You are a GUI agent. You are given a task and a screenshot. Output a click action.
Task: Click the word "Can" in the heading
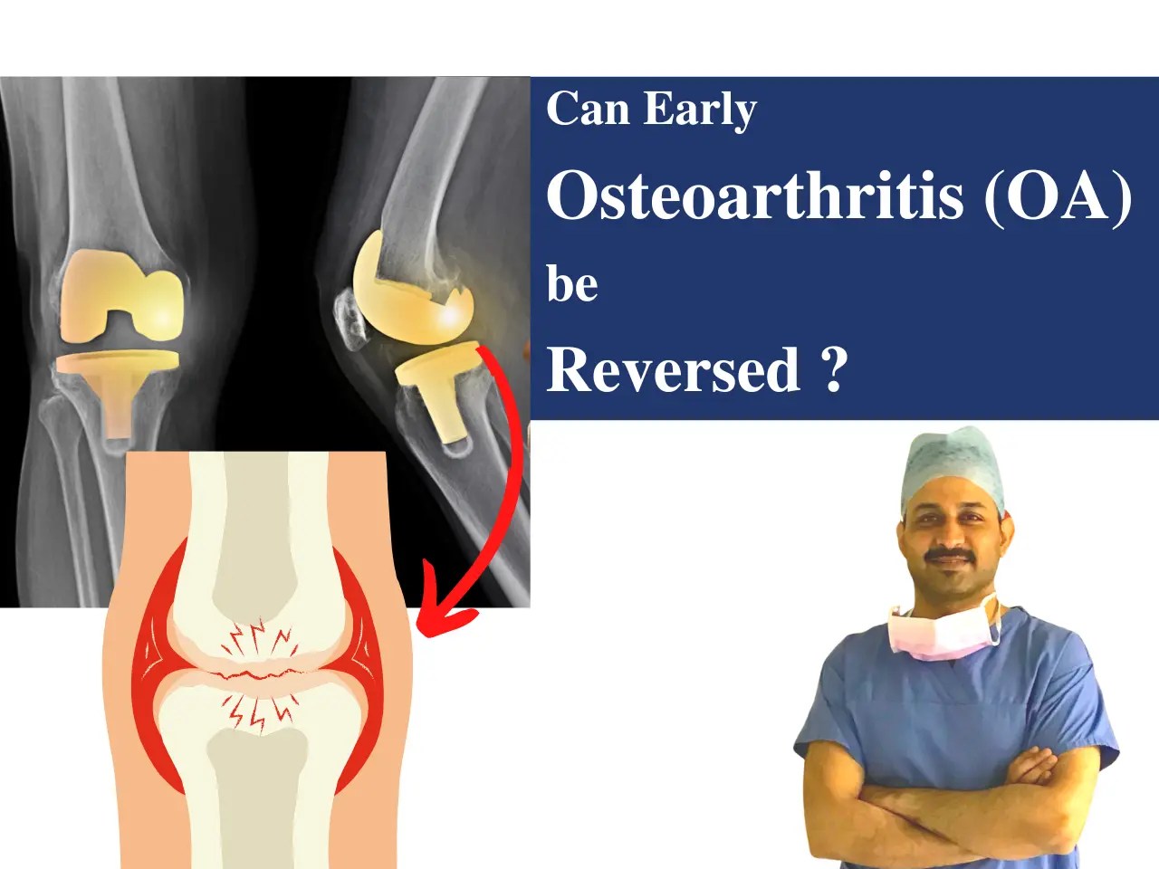(588, 109)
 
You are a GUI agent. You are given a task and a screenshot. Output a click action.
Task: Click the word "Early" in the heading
(700, 110)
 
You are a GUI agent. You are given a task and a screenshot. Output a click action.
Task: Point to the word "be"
(572, 284)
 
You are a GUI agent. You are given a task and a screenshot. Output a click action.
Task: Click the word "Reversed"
(674, 369)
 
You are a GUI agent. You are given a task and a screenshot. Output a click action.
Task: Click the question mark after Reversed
(835, 369)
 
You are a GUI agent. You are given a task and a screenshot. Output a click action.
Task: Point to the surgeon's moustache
(948, 552)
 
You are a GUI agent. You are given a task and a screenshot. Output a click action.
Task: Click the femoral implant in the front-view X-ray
(122, 290)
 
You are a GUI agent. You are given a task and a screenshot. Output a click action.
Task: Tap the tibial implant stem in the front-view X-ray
(119, 407)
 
